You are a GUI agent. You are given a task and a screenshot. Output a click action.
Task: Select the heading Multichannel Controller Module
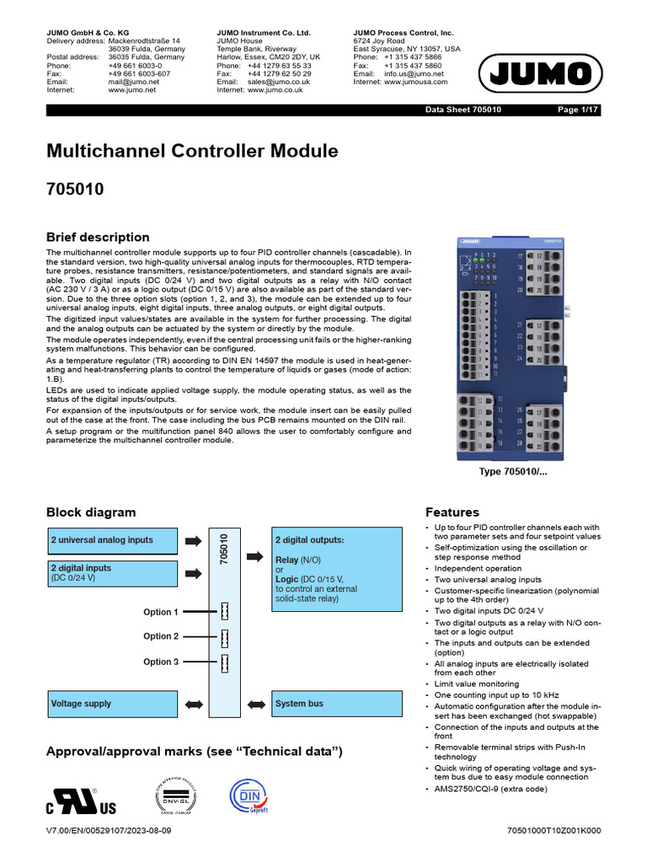[x=192, y=152]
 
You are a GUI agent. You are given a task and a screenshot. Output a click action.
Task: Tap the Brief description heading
[x=98, y=237]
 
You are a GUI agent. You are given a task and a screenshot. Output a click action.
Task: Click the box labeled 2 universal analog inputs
[x=111, y=540]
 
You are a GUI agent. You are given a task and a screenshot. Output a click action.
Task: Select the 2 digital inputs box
[x=111, y=573]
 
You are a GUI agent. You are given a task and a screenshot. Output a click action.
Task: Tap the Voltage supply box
[x=111, y=703]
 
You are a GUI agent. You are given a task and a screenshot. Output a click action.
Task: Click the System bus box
[x=336, y=703]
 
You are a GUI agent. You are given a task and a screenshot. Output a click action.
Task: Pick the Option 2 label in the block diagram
[x=161, y=636]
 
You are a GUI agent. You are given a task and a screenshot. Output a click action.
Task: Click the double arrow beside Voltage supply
[x=192, y=703]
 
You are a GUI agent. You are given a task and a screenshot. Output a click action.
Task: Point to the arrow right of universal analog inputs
[x=192, y=540]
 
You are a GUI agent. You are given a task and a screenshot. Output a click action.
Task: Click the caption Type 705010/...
[x=513, y=472]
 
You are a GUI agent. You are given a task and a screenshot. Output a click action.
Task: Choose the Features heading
[x=452, y=512]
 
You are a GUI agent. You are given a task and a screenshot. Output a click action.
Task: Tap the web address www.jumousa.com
[x=416, y=82]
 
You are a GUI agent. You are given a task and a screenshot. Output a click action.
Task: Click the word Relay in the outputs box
[x=289, y=559]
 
